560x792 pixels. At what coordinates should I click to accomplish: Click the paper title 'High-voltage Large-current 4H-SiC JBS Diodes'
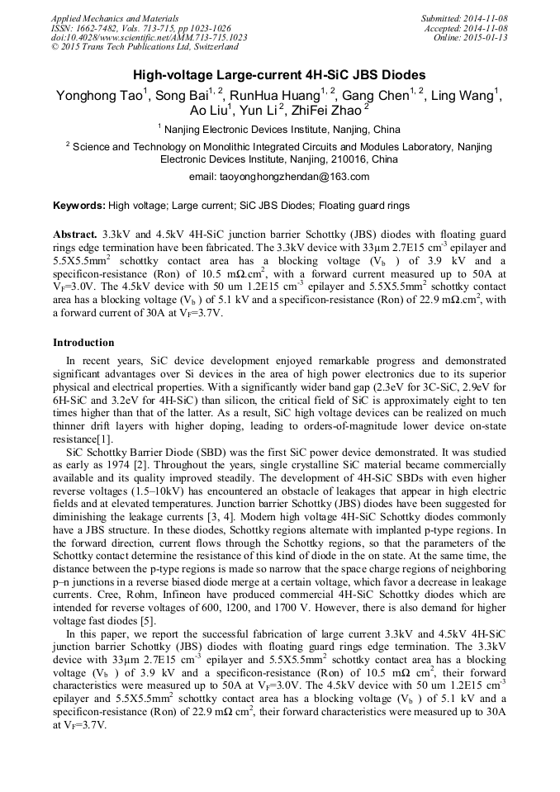pos(279,74)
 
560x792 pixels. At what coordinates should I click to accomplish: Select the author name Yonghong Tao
pos(99,96)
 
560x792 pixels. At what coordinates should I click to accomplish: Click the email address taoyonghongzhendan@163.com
pos(279,176)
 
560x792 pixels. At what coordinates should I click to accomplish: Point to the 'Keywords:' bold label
pos(79,205)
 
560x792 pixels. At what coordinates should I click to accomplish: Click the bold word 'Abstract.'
pos(75,234)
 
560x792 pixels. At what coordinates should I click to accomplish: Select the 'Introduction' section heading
pos(83,342)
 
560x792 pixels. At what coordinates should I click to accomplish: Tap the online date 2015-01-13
pos(486,38)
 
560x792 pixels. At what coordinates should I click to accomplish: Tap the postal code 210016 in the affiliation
pos(329,159)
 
